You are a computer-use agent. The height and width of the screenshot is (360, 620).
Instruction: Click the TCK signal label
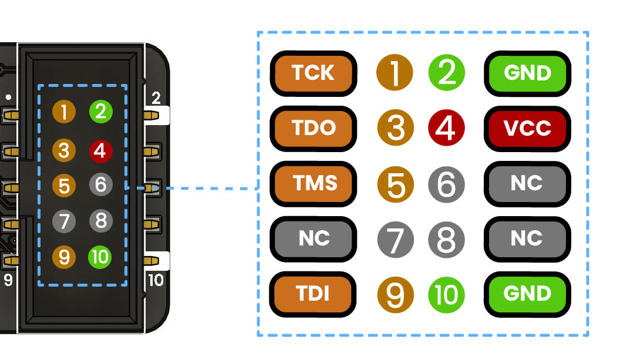(313, 73)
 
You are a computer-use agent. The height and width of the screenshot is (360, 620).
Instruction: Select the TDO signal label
(313, 128)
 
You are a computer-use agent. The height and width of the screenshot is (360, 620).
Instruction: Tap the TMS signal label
(313, 183)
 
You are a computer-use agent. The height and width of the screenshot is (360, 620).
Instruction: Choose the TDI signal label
(313, 294)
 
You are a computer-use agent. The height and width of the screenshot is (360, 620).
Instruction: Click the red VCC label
(527, 128)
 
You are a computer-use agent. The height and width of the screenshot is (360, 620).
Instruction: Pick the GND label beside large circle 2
(527, 73)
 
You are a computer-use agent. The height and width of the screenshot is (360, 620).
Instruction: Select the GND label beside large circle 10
(527, 294)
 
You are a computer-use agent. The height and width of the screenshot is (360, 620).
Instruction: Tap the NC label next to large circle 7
(313, 238)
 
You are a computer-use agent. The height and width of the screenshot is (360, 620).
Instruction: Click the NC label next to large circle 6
(527, 183)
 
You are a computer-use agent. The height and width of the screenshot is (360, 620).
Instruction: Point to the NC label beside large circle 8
(527, 238)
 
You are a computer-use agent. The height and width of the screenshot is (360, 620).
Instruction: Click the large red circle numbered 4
(447, 128)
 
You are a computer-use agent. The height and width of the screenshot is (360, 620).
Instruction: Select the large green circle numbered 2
(447, 73)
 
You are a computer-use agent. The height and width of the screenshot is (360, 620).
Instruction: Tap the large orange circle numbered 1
(395, 73)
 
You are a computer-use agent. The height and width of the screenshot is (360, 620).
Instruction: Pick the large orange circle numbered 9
(395, 294)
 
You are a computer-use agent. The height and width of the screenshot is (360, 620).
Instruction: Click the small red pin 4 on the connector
(100, 151)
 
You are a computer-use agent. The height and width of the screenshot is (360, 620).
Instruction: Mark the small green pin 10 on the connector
(100, 257)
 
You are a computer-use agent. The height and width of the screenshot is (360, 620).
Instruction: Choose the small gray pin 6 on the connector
(100, 186)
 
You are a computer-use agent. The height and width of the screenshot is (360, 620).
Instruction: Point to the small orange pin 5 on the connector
(64, 186)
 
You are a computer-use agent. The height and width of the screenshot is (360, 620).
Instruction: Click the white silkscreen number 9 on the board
(8, 281)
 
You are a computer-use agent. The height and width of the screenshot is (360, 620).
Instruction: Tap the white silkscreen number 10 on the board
(156, 281)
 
